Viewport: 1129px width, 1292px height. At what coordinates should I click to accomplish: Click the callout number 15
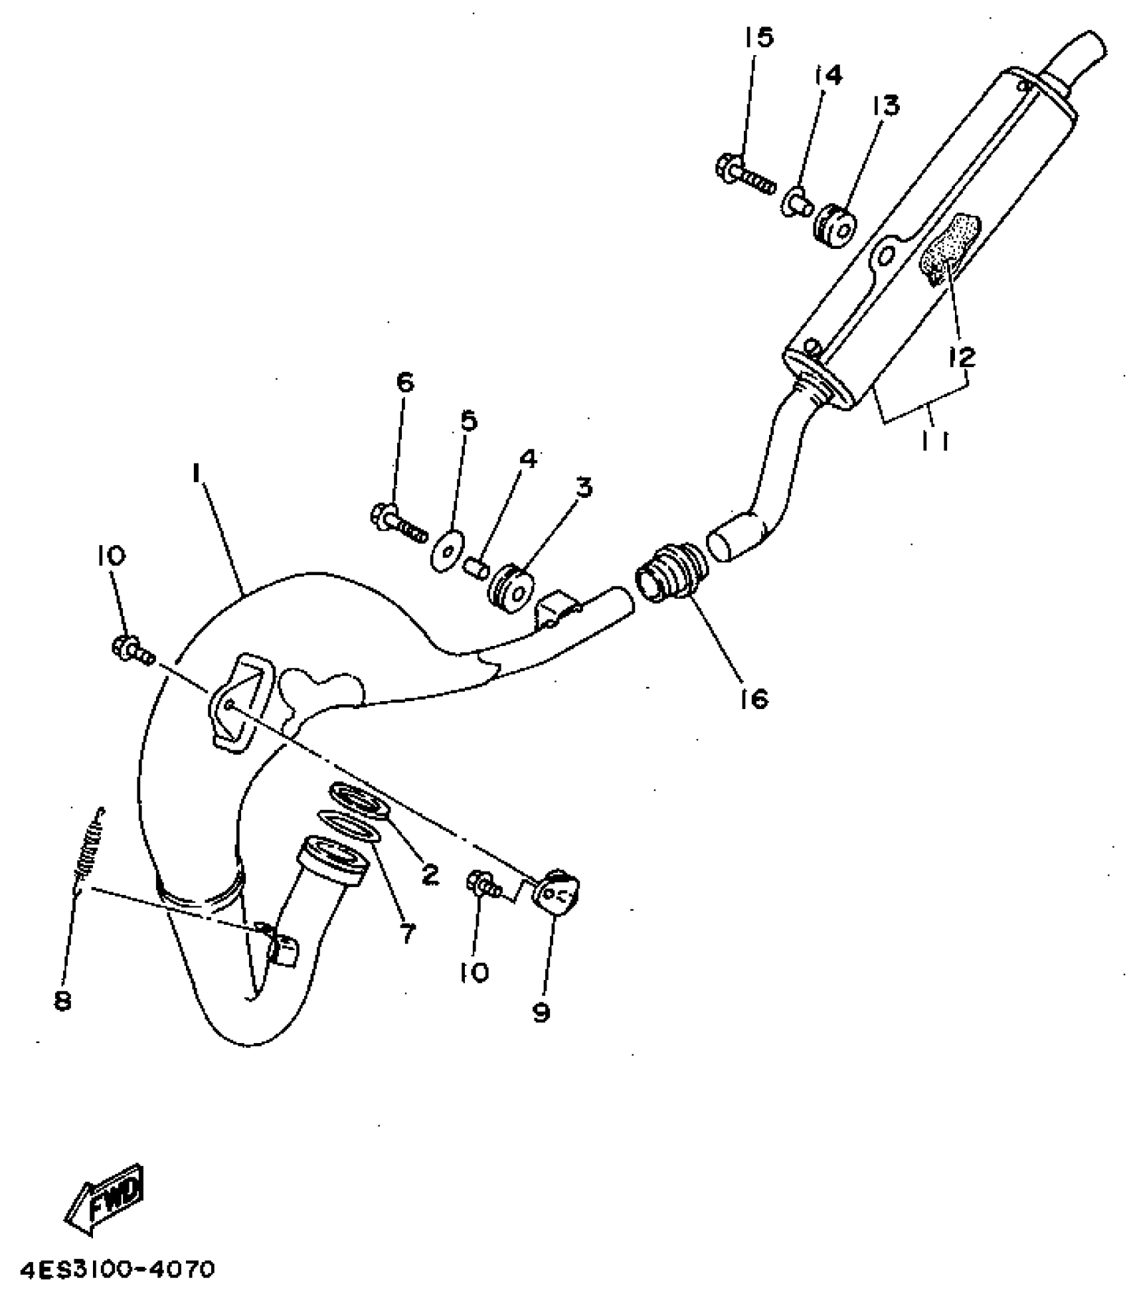758,37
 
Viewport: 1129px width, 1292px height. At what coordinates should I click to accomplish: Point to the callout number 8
62,1001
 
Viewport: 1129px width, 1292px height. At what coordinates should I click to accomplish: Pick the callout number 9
541,1012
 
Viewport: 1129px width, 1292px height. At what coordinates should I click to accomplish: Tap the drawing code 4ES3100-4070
118,1269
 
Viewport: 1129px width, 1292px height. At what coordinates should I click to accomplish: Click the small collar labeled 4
478,568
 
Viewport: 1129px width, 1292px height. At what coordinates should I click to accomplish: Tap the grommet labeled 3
513,586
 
